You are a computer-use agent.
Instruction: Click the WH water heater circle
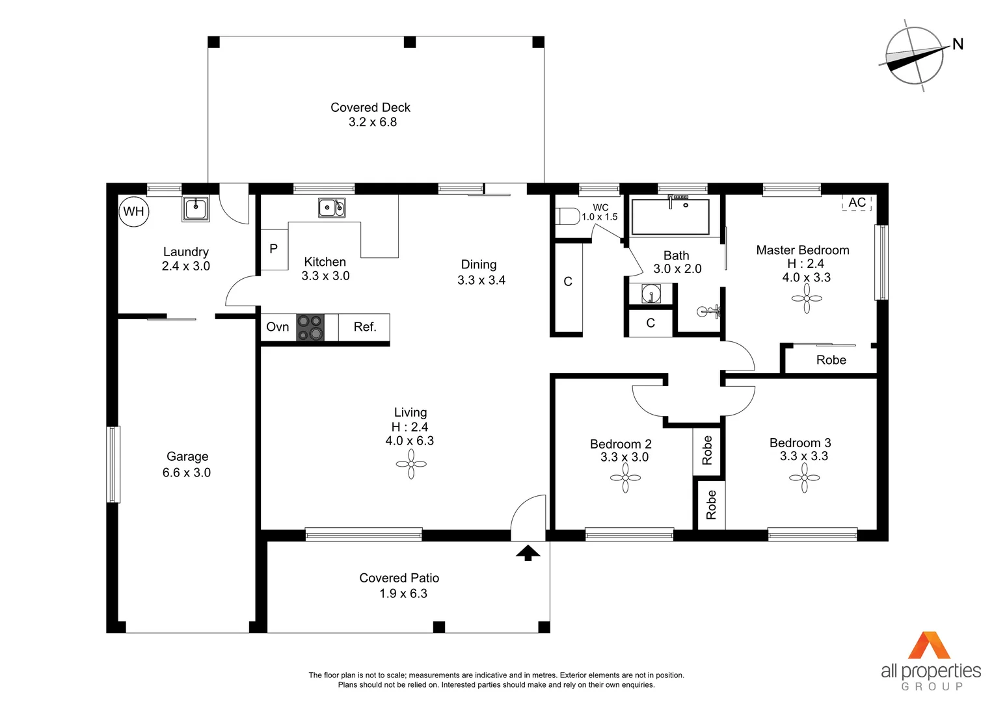134,211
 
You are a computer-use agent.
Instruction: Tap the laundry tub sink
195,209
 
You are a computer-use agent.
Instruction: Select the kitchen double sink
332,208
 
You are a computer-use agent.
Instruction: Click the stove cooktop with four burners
310,328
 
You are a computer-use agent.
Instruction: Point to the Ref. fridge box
364,327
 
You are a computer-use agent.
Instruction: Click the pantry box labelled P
274,249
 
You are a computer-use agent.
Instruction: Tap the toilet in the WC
568,216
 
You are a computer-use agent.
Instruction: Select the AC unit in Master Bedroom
857,203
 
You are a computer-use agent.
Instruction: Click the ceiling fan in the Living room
411,464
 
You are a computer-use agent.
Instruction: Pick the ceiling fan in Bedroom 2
625,478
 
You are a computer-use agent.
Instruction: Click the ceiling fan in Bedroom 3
805,478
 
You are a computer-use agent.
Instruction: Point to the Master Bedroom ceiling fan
807,299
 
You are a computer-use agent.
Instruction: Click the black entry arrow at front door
528,552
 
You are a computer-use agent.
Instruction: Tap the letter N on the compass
958,44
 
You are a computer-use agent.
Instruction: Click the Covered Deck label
370,107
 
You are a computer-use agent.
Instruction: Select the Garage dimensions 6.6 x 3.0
187,473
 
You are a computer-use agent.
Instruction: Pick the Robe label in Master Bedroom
831,360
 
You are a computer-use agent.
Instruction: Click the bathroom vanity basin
651,294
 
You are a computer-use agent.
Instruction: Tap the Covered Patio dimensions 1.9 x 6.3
403,593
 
